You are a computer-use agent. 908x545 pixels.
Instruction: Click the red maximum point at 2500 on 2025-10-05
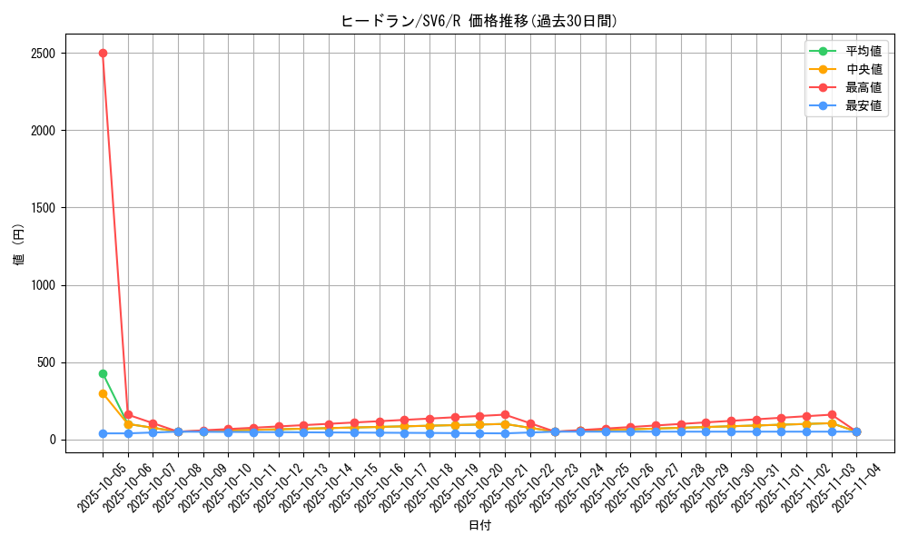[103, 53]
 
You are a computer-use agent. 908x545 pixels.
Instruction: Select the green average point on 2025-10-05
[103, 373]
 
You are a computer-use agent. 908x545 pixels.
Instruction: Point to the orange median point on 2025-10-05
[103, 393]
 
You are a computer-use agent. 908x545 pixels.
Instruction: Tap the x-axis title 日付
[479, 526]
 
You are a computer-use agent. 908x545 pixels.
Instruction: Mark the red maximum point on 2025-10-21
[505, 415]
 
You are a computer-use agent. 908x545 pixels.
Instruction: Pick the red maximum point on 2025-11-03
[832, 415]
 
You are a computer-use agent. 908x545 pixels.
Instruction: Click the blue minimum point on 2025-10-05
[103, 434]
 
